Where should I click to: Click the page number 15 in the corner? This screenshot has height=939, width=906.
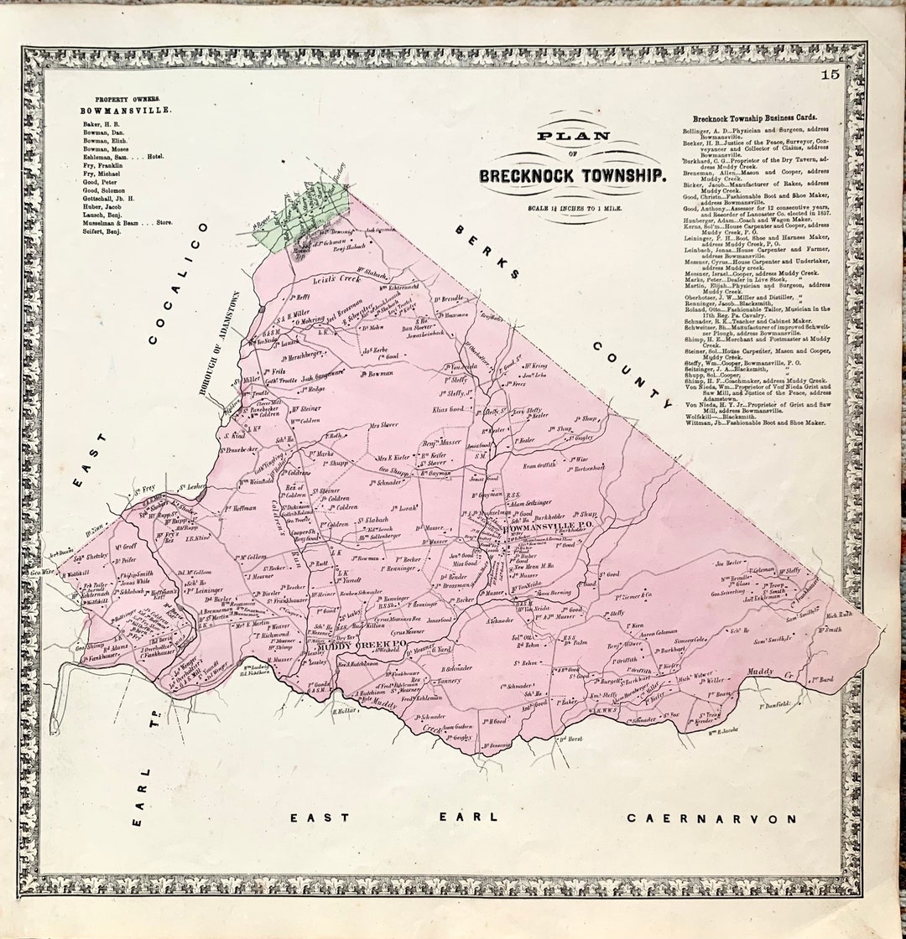[x=830, y=75]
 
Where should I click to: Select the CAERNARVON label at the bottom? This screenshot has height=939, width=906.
[x=712, y=818]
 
